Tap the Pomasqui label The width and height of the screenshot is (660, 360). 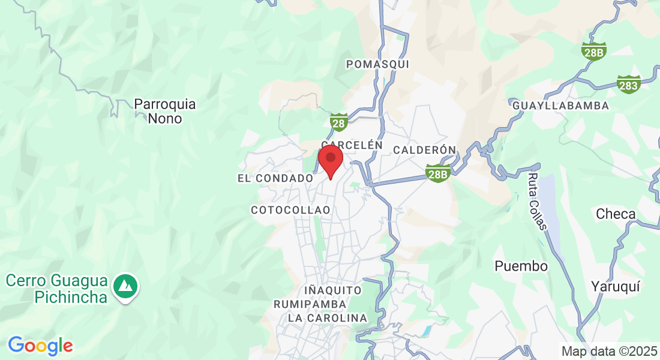tap(377, 64)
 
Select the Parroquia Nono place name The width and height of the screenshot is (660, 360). tap(165, 111)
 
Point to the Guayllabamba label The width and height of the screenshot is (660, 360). tap(560, 106)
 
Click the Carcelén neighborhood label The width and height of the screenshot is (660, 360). tap(352, 145)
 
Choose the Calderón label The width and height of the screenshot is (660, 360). tap(424, 149)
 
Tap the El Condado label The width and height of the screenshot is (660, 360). tap(275, 178)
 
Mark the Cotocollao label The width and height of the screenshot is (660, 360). tap(290, 210)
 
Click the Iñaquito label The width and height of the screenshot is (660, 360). tap(333, 290)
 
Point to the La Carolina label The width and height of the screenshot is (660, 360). tap(327, 317)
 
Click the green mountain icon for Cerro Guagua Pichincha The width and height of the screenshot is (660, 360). tap(127, 286)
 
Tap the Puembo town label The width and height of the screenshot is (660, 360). tap(521, 266)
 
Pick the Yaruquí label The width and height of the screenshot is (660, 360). tap(615, 286)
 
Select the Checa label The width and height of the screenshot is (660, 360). tap(616, 214)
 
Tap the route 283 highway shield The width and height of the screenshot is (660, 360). tap(628, 85)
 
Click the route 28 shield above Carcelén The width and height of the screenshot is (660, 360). tap(339, 123)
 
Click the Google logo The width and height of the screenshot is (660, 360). tap(40, 346)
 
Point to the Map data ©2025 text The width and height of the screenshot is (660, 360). tap(608, 351)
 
